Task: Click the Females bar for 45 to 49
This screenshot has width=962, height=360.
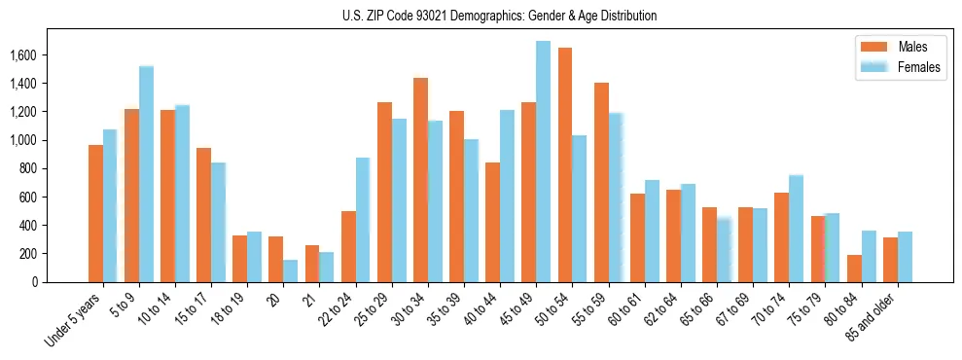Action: click(543, 162)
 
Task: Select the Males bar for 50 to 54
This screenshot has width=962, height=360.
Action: click(564, 165)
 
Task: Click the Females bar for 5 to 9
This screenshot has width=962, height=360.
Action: click(146, 174)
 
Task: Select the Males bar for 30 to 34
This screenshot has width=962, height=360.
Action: click(420, 180)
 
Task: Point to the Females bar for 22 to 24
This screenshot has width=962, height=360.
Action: click(363, 220)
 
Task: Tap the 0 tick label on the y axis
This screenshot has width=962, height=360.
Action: click(62, 282)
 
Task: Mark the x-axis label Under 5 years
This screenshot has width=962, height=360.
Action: click(73, 318)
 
